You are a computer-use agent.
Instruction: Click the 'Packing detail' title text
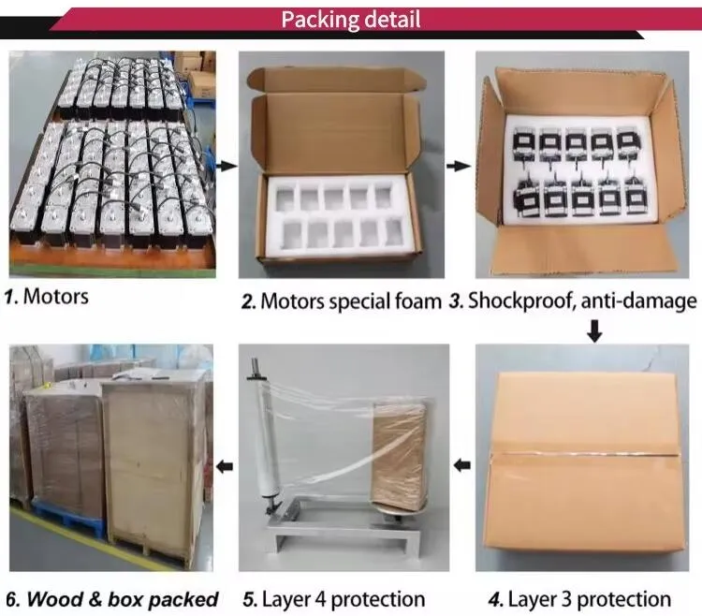(351, 20)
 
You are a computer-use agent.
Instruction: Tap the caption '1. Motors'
(47, 297)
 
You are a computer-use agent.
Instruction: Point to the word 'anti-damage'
(639, 301)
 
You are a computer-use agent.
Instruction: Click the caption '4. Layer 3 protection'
(579, 599)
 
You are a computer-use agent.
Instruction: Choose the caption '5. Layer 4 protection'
(334, 599)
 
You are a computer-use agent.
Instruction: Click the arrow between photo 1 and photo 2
(227, 166)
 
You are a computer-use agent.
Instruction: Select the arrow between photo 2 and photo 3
(459, 166)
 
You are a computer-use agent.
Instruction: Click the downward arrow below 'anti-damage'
(594, 330)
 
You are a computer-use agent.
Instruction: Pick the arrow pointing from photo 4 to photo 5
(462, 465)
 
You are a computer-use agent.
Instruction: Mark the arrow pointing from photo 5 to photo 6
(225, 466)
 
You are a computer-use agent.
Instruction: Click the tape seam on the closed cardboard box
(584, 455)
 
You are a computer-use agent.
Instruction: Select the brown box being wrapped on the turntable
(399, 456)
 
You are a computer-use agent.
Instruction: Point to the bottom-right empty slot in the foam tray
(394, 232)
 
